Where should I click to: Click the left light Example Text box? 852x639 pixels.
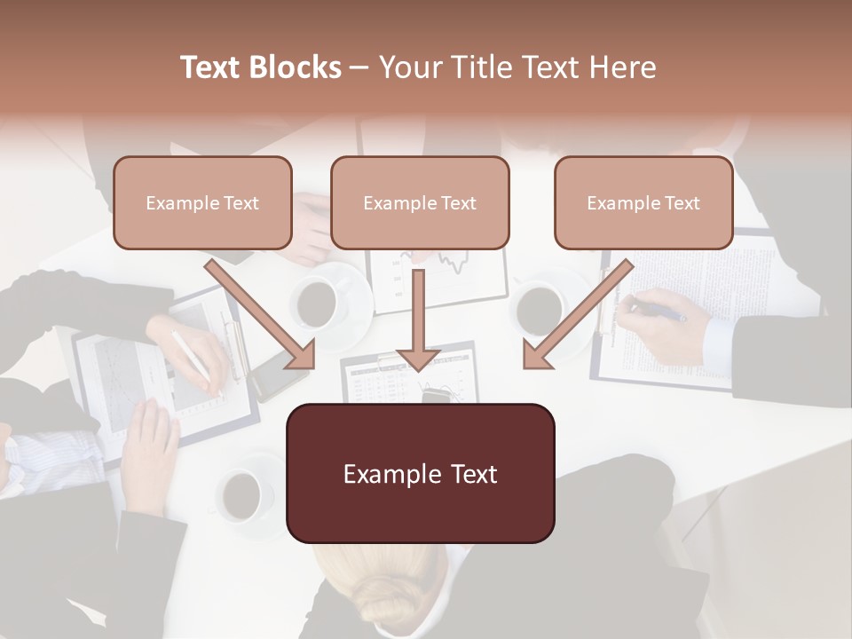coord(202,203)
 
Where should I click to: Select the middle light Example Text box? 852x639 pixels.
coord(420,203)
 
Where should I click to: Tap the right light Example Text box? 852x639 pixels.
coord(643,203)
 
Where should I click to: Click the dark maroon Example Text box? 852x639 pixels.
coord(420,473)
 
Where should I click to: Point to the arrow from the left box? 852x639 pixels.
coord(261,313)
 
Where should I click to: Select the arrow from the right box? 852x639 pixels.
coord(578,313)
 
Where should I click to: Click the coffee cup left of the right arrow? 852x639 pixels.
coord(540,308)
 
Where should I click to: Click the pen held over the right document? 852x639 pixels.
coord(658,312)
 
